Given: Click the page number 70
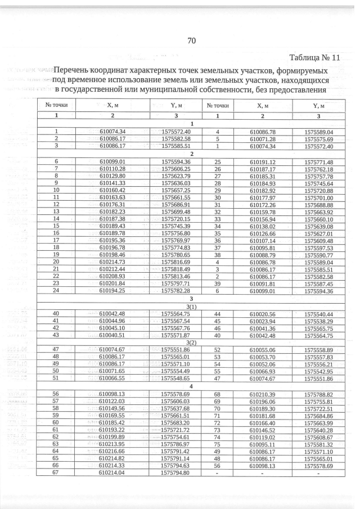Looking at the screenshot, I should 191,40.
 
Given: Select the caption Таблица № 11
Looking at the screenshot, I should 315,58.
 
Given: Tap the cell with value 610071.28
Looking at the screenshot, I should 263,138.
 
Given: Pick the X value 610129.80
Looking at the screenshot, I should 111,175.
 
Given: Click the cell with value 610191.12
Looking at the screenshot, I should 263,161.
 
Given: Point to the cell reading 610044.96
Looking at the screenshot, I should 111,321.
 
